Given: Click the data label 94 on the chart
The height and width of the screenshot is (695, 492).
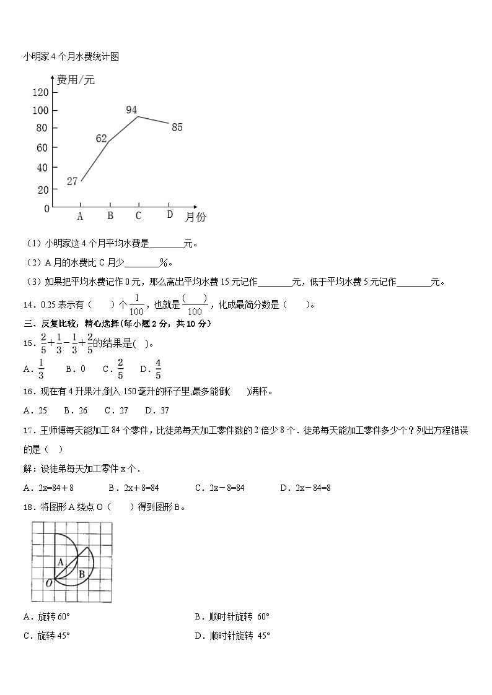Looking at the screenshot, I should [131, 110].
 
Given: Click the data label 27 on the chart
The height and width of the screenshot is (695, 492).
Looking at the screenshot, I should [72, 181].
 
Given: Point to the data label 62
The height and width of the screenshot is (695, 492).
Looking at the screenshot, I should [102, 139].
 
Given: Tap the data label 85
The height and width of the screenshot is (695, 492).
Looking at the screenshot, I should [177, 127].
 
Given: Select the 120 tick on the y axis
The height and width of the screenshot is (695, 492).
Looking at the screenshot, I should [40, 93].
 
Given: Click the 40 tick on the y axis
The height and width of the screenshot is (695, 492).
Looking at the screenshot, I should [42, 168].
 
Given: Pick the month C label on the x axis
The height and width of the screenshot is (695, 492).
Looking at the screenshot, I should [138, 215].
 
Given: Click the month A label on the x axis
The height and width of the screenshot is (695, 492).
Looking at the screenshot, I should [80, 216].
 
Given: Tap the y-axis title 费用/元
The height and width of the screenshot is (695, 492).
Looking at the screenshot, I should [76, 80].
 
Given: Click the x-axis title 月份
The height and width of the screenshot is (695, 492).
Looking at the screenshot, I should [196, 217].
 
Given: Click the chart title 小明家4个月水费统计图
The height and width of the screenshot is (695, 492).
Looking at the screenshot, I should [71, 56].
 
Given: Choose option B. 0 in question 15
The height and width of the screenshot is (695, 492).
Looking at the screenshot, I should [75, 369].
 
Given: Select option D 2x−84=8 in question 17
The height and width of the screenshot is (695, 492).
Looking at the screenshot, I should [305, 488].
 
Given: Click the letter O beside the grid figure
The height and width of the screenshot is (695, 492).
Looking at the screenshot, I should [49, 582].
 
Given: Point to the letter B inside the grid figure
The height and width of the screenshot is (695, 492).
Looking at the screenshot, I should [82, 574].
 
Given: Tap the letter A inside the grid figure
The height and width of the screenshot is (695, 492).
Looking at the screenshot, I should [61, 562].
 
